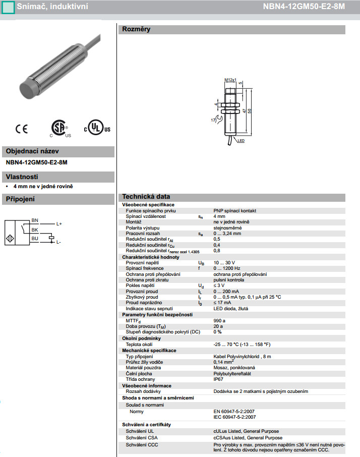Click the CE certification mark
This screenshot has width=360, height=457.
pyautogui.click(x=22, y=129)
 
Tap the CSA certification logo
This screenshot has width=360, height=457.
pyautogui.click(x=60, y=128)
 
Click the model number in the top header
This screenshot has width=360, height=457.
pyautogui.click(x=311, y=6)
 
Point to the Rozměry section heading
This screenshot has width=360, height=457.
pyautogui.click(x=136, y=29)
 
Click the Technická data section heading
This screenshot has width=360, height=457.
pyautogui.click(x=146, y=197)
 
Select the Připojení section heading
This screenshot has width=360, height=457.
pyautogui.click(x=20, y=199)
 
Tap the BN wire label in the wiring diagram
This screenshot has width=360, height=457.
pyautogui.click(x=35, y=220)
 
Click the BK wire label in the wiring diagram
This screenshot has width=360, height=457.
pyautogui.click(x=35, y=230)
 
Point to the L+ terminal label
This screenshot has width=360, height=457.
pyautogui.click(x=59, y=223)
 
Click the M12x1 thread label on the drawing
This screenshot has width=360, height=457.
pyautogui.click(x=230, y=80)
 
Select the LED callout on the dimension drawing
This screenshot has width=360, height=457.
pyautogui.click(x=241, y=141)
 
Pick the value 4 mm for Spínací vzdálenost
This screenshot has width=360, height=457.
pyautogui.click(x=219, y=216)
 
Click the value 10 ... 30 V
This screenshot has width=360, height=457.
pyautogui.click(x=224, y=263)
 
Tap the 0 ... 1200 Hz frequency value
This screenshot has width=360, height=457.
pyautogui.click(x=227, y=268)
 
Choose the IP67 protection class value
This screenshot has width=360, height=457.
pyautogui.click(x=219, y=379)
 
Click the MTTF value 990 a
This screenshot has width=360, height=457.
pyautogui.click(x=219, y=320)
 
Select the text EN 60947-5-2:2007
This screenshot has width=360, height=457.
pyautogui.click(x=234, y=412)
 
